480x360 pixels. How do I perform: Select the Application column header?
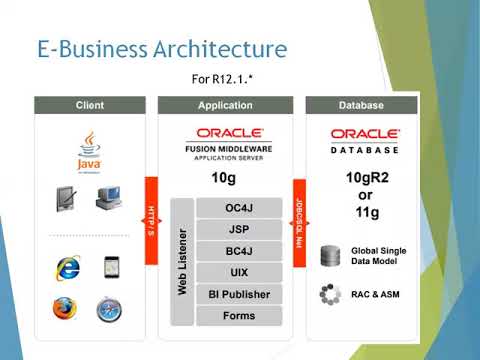coord(225,105)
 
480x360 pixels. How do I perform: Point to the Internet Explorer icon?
coord(68,267)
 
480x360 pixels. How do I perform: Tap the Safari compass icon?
coord(110,309)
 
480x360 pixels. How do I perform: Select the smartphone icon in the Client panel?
coord(110,267)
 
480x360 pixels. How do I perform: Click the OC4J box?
coord(239,208)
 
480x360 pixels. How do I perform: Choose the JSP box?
coord(239,229)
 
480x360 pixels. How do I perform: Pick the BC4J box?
coord(239,251)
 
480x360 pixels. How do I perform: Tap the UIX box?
coord(239,272)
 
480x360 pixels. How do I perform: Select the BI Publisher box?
coord(239,294)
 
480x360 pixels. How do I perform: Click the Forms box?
coord(239,315)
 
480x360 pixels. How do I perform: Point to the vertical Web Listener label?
coord(182,262)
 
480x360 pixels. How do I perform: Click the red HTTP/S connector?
coord(152,220)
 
